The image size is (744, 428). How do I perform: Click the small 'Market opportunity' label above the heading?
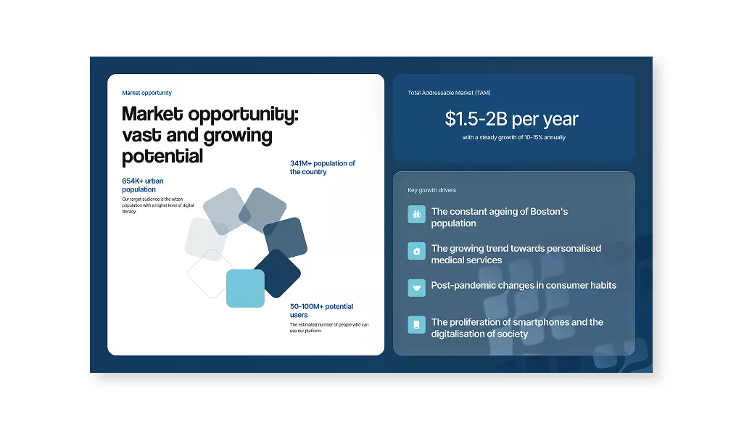[x=146, y=93]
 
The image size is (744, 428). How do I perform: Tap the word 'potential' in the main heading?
[x=162, y=157]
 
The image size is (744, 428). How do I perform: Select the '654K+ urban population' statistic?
[x=143, y=185]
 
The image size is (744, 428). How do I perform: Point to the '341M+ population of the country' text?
[x=323, y=168]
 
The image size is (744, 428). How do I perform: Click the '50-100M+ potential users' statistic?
[x=322, y=310]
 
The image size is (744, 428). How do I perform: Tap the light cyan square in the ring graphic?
[x=245, y=289]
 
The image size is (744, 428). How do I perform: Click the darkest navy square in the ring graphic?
[x=277, y=273]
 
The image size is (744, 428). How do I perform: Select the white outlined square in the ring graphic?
[x=212, y=273]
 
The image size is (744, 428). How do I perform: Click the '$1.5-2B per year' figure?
[x=511, y=119]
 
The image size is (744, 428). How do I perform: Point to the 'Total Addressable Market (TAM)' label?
[x=449, y=93]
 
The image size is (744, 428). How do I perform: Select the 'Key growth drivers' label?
[x=431, y=190]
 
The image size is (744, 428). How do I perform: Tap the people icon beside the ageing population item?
[x=417, y=215]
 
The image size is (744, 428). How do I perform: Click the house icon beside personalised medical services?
[x=417, y=251]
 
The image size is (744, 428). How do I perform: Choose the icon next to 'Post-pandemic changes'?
[x=417, y=287]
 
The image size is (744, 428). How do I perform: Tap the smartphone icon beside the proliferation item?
[x=417, y=324]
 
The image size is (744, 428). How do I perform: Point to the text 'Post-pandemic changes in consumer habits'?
[x=524, y=286]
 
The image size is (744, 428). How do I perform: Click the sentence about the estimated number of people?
[x=329, y=328]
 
